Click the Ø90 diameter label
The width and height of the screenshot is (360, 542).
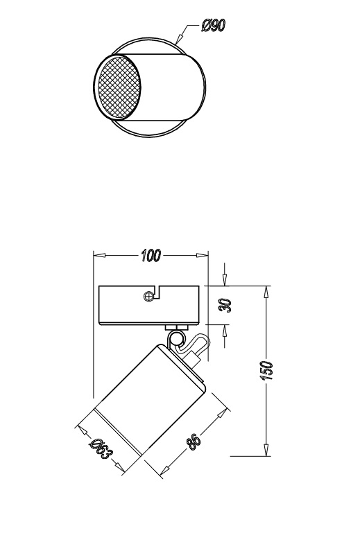tap(214, 25)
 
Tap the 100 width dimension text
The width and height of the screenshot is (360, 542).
tap(151, 256)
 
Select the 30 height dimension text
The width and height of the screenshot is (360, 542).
tap(226, 305)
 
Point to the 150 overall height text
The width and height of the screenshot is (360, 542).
tap(266, 371)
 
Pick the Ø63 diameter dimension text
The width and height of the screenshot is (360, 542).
tap(101, 448)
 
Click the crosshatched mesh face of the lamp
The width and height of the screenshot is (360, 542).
tap(119, 87)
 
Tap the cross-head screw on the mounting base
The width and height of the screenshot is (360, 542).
tap(148, 296)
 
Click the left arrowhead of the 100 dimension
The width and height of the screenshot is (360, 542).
tap(99, 256)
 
